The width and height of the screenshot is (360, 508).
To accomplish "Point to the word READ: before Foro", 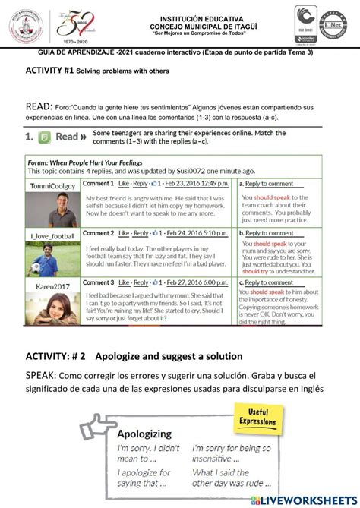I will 38,107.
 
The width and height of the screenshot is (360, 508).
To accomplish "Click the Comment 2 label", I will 97,233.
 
